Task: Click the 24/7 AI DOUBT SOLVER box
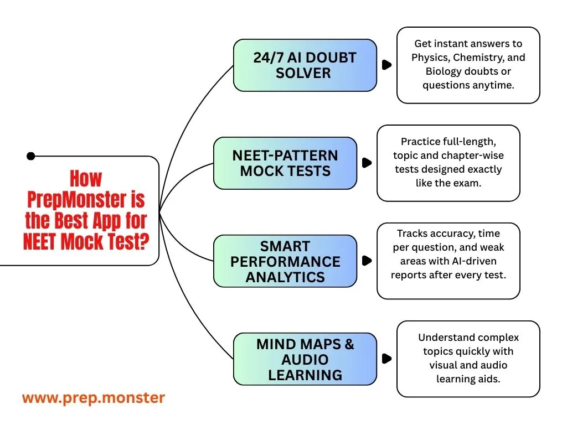pyautogui.click(x=305, y=65)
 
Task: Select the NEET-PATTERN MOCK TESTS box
pyautogui.click(x=285, y=163)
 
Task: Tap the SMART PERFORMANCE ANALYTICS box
pyautogui.click(x=285, y=261)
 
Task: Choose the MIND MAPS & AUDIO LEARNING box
pyautogui.click(x=305, y=359)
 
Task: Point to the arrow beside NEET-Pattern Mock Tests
pyautogui.click(x=367, y=163)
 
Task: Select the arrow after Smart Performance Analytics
pyautogui.click(x=367, y=261)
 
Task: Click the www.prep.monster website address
pyautogui.click(x=94, y=398)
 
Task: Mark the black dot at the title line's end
pyautogui.click(x=31, y=157)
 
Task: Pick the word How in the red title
pyautogui.click(x=86, y=179)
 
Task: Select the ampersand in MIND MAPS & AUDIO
pyautogui.click(x=349, y=344)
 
